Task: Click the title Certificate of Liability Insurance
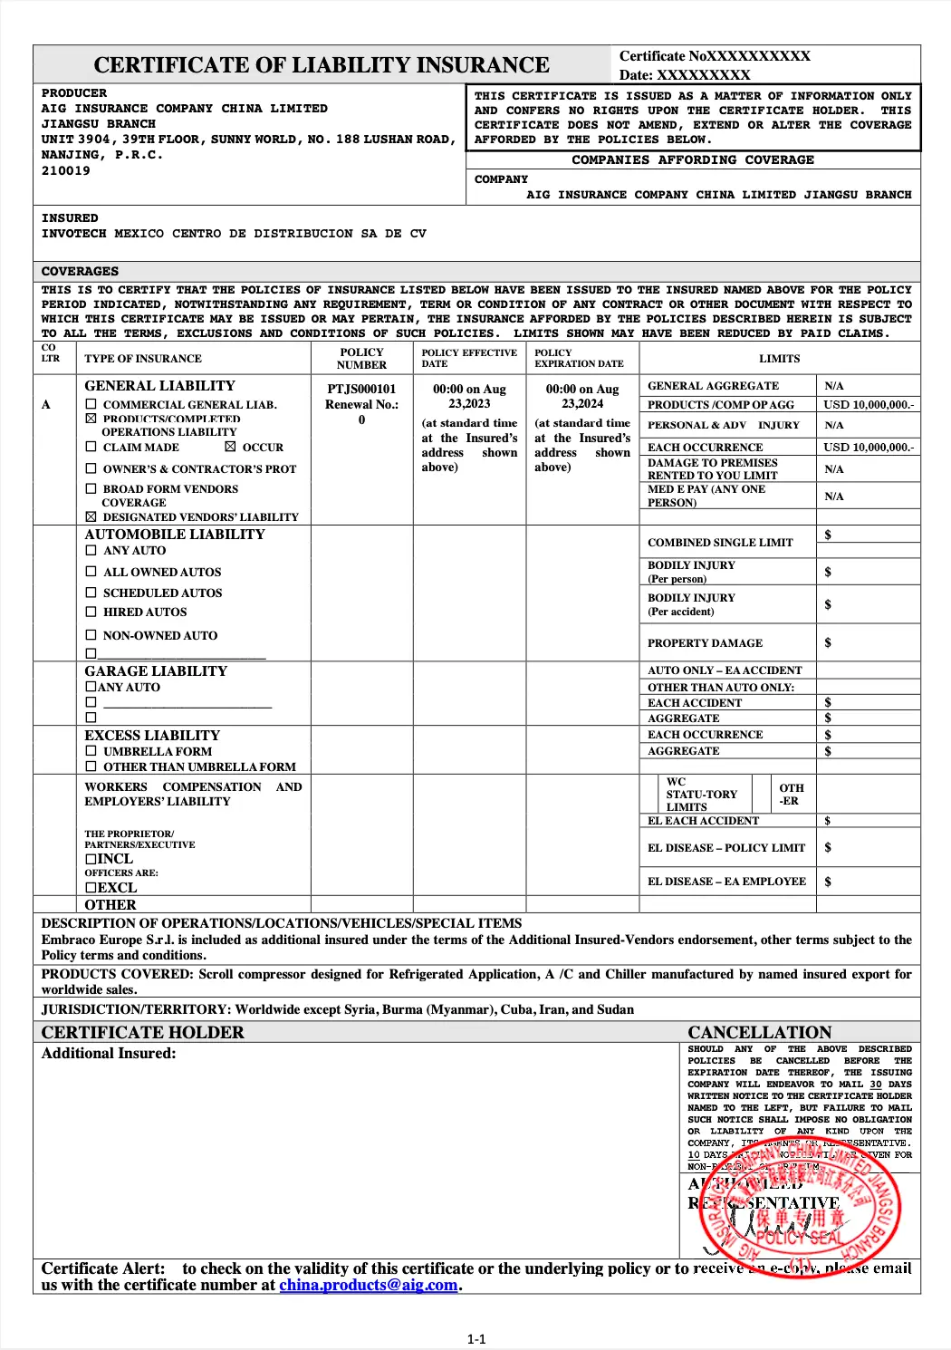point(322,65)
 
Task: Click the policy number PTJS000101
point(361,389)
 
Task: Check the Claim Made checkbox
point(91,447)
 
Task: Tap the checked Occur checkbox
point(230,447)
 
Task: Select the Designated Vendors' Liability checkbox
point(91,516)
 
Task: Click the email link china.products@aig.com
point(368,1285)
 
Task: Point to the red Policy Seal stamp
point(800,1210)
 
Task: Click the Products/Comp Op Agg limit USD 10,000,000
point(868,405)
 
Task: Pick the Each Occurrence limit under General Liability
point(868,447)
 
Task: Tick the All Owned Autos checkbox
point(91,572)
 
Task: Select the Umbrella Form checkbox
point(91,751)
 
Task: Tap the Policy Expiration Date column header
point(579,358)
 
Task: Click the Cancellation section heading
point(759,1032)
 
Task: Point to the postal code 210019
point(66,171)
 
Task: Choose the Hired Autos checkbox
point(91,612)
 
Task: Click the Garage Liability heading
point(156,671)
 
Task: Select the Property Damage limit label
point(705,643)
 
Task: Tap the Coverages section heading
point(80,271)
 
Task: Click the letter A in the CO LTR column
point(46,405)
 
